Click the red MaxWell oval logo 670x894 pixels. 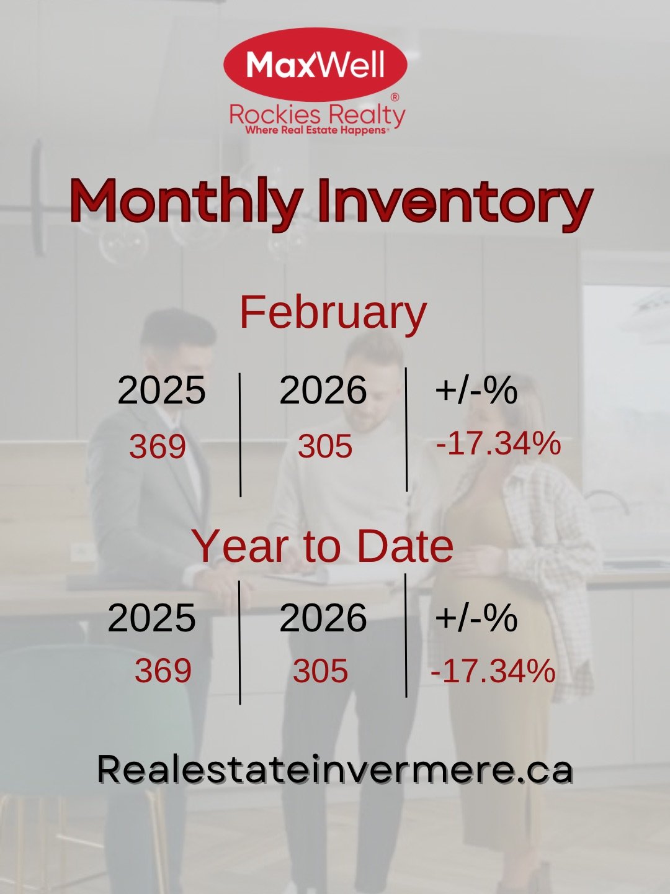[x=315, y=65]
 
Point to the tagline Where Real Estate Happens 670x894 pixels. [x=317, y=130]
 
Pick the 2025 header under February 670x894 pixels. [x=161, y=390]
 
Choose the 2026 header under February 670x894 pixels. [x=323, y=390]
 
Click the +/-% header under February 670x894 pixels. [x=476, y=390]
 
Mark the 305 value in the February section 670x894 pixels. [x=325, y=446]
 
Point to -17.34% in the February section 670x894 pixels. [x=498, y=443]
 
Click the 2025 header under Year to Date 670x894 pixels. [x=152, y=618]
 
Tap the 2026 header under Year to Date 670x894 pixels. [x=323, y=618]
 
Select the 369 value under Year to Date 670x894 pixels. [x=163, y=670]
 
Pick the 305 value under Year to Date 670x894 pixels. [x=321, y=670]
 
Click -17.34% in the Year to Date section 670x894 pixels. [x=493, y=670]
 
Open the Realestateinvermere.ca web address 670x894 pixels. [x=335, y=769]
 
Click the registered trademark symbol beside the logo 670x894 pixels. [x=395, y=97]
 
